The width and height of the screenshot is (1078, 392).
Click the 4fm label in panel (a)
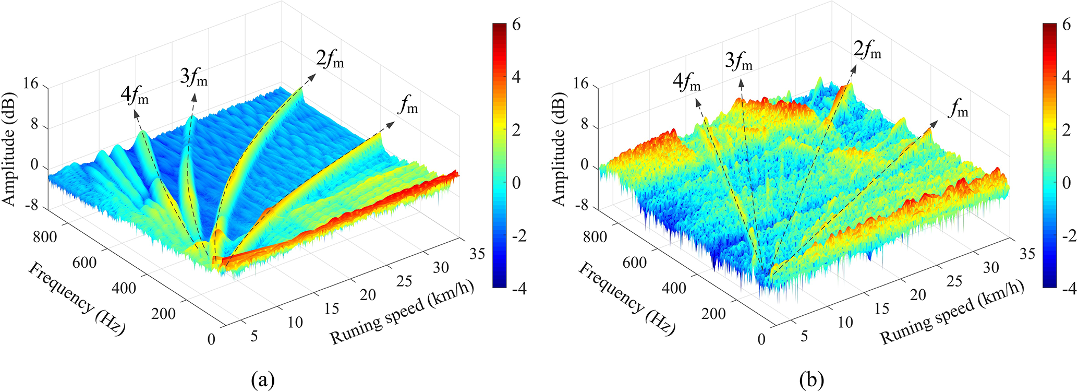pos(135,96)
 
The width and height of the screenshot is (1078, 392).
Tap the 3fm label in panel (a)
pos(193,79)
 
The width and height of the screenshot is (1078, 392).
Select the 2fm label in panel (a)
pos(330,60)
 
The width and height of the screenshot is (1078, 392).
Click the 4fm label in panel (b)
pos(686,82)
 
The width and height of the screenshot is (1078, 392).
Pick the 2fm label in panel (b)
pos(867,51)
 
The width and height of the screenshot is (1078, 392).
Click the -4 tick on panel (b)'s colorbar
pos(1065,288)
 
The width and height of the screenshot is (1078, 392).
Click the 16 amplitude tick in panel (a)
pos(31,84)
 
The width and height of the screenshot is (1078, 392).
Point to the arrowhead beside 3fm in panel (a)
pos(195,96)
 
